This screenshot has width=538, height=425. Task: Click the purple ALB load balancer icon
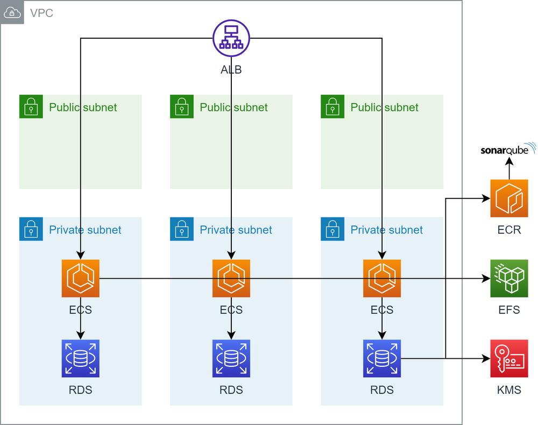231,38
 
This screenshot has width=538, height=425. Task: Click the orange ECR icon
509,199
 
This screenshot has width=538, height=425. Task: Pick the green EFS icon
509,279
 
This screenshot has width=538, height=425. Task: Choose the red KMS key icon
509,358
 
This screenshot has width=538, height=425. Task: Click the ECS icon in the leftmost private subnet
81,279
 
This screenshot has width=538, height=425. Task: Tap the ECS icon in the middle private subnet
231,279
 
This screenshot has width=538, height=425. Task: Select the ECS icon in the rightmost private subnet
382,279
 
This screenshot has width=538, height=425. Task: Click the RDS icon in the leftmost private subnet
81,358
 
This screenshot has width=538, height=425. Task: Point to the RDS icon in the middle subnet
231,358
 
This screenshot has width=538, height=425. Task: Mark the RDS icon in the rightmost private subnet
382,358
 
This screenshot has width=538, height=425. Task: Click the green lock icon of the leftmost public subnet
31,107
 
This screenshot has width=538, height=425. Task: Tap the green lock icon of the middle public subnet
182,107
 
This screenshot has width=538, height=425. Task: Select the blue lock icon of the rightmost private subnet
332,229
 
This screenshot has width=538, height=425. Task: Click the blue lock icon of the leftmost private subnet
31,229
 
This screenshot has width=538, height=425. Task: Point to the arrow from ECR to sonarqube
509,169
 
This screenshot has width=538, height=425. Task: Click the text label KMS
509,390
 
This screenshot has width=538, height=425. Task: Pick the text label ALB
231,69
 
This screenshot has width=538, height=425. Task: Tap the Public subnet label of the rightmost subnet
384,107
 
